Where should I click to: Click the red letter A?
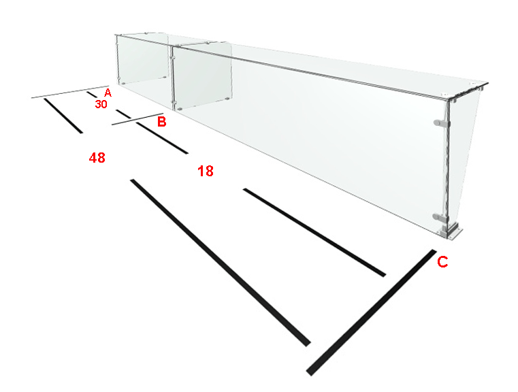[108, 93]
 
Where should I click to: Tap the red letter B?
[161, 122]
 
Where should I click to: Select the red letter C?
[442, 262]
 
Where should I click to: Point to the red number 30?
[101, 104]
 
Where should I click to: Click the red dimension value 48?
[97, 158]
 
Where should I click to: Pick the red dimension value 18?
[206, 171]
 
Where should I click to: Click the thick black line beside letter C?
[371, 312]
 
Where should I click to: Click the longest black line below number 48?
[221, 263]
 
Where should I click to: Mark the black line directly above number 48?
[63, 116]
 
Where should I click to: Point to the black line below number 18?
[314, 233]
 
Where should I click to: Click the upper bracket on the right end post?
[441, 123]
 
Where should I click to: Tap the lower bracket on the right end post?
[440, 218]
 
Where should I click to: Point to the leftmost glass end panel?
[142, 59]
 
